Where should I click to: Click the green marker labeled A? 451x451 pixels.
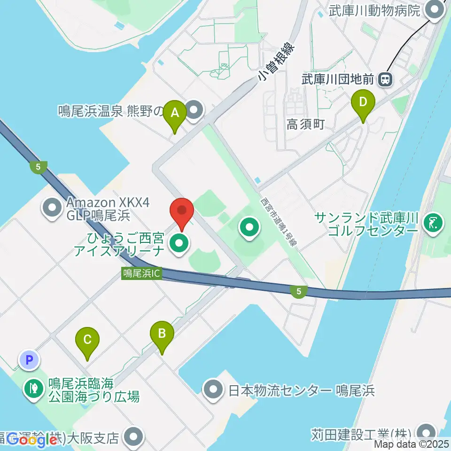(175, 113)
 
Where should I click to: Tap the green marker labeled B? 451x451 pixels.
(162, 334)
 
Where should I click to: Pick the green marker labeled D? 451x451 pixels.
(363, 101)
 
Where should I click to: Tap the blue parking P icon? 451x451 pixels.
(29, 360)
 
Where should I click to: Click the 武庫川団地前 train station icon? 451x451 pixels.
(386, 79)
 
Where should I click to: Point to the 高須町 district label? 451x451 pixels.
(306, 124)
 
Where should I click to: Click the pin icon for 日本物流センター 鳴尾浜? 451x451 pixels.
(213, 390)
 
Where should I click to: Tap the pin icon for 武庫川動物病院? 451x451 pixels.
(435, 10)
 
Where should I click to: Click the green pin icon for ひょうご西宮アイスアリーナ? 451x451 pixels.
(179, 243)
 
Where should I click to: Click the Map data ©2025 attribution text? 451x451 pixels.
(412, 443)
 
